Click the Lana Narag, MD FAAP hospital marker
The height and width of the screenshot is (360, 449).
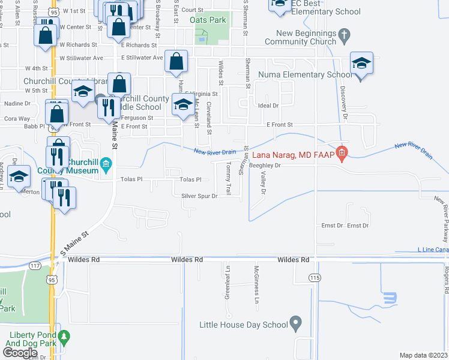pos(342,154)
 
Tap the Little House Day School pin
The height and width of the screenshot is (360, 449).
pos(295,324)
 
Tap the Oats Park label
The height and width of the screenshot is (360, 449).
pos(208,20)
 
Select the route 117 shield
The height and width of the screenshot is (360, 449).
pos(35,266)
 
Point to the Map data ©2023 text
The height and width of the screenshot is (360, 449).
pos(423,355)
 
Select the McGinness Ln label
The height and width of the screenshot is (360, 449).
pos(256,284)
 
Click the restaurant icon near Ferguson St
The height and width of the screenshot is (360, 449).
pos(108,107)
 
